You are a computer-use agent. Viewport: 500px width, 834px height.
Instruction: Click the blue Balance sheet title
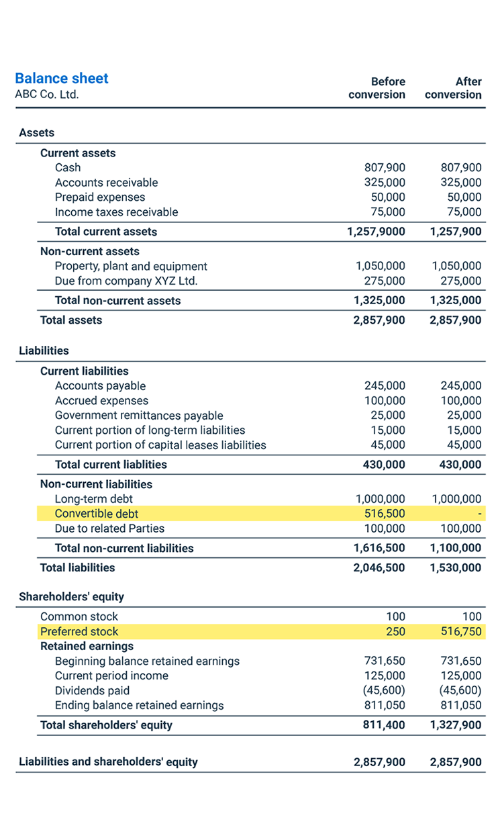(62, 79)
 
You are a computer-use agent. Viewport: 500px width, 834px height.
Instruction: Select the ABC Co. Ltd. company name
(47, 95)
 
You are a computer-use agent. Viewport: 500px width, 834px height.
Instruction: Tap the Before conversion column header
(377, 88)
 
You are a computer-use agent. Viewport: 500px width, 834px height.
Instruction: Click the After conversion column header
(454, 88)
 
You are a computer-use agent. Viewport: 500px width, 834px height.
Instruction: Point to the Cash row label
(68, 168)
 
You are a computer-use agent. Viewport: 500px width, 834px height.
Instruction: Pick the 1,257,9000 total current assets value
(376, 232)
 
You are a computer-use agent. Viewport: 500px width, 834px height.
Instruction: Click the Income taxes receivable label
(116, 212)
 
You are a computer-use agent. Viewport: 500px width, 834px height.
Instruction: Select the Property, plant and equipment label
(131, 267)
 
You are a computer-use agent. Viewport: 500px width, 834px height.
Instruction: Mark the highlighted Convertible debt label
(97, 514)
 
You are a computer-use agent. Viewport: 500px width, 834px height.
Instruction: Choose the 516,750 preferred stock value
(461, 632)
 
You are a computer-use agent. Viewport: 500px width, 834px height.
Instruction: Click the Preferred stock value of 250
(395, 632)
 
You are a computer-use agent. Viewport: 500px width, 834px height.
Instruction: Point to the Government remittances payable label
(139, 416)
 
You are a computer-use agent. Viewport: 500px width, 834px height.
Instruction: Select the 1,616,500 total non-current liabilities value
(379, 549)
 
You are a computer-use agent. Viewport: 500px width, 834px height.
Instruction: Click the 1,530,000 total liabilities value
(456, 568)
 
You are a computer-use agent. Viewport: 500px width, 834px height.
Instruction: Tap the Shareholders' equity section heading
(71, 597)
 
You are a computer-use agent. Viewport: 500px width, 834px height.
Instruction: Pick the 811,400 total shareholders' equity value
(385, 725)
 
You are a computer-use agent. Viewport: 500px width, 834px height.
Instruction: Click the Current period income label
(111, 676)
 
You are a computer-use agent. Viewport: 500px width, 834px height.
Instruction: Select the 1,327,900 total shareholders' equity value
(456, 725)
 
